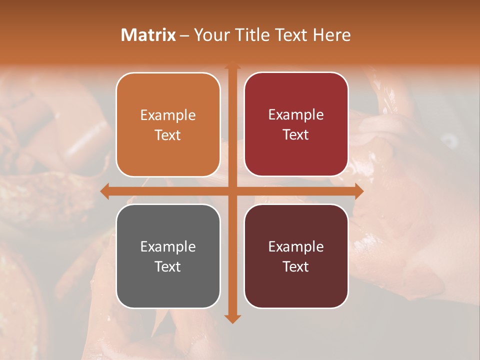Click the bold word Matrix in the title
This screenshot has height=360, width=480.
148,35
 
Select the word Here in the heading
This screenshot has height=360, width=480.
331,35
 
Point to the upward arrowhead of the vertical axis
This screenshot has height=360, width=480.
232,65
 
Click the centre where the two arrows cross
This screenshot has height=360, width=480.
232,191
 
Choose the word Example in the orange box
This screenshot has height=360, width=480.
168,115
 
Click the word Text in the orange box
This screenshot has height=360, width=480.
168,135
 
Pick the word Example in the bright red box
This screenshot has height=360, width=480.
296,115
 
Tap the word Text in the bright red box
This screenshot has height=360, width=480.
296,135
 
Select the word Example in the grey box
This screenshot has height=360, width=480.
168,247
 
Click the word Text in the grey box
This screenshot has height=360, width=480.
168,267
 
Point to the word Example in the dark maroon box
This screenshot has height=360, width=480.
296,247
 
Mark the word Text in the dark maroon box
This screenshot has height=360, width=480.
296,267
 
